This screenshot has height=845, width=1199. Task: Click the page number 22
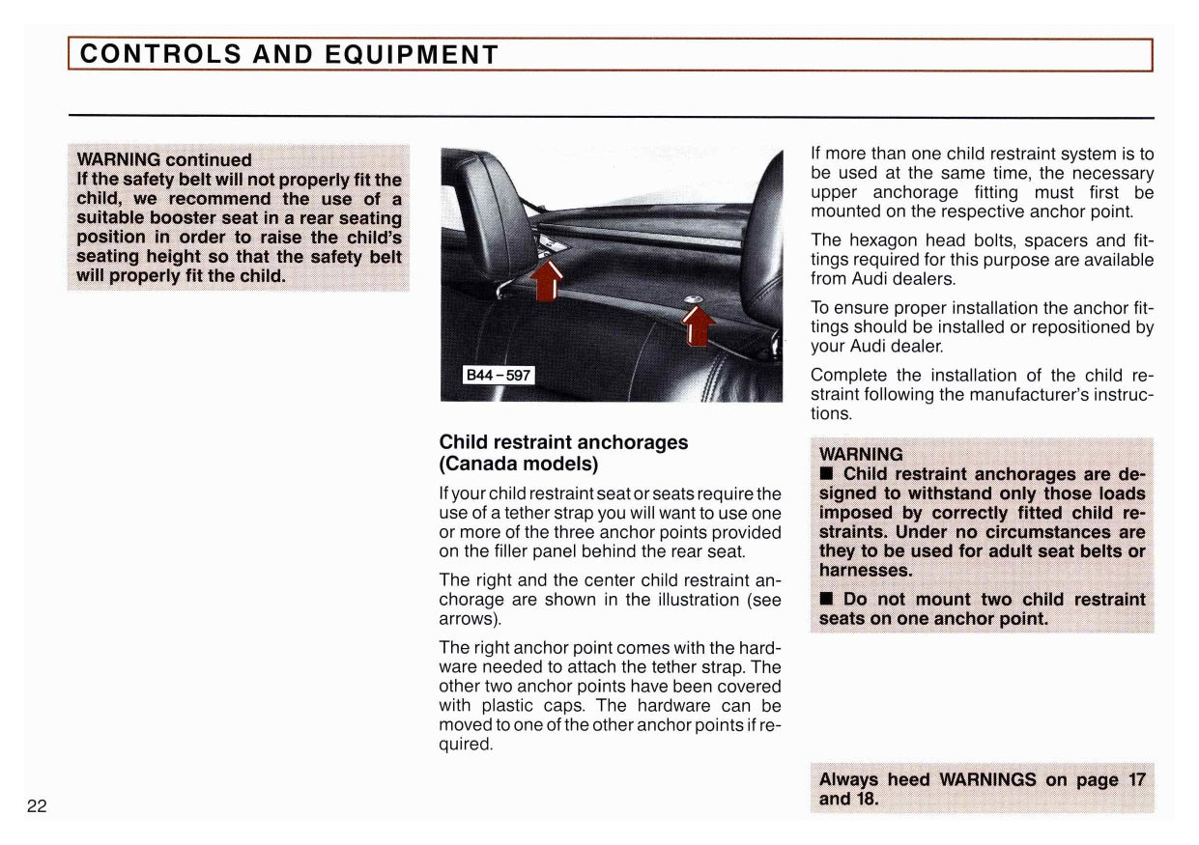tap(37, 806)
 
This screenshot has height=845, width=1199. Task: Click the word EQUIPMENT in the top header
tap(411, 54)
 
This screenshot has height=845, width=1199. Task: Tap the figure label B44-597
tap(499, 375)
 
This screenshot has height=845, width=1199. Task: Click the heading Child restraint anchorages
tap(563, 442)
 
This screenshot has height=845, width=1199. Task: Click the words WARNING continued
tap(163, 159)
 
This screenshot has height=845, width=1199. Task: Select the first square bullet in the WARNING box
tap(827, 474)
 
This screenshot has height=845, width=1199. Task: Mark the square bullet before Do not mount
tap(827, 599)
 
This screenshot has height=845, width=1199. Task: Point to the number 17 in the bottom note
tap(1136, 779)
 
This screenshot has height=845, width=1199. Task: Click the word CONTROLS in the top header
tap(161, 54)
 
